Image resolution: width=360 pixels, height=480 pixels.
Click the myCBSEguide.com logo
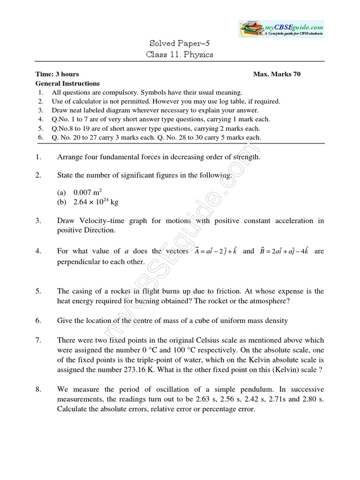click(281, 29)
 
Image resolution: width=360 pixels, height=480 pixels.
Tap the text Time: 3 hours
click(57, 74)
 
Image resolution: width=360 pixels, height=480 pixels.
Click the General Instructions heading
click(67, 83)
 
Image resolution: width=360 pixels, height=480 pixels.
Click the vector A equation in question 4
click(214, 251)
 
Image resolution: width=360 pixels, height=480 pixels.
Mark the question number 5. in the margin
click(38, 292)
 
